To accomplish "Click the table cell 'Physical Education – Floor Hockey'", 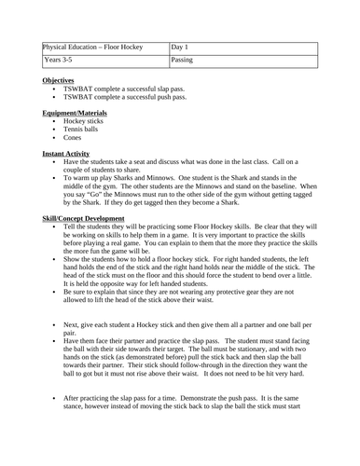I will click(95, 48).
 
